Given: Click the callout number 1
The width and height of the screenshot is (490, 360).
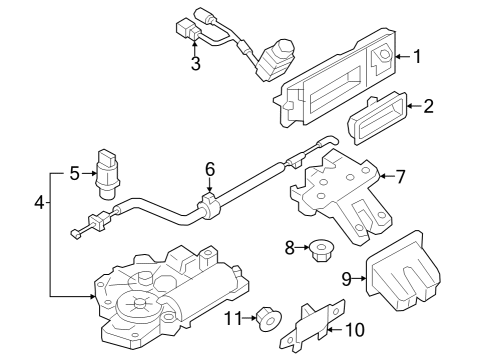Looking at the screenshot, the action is tap(417, 56).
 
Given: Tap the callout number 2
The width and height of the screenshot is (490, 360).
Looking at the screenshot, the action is tap(429, 106).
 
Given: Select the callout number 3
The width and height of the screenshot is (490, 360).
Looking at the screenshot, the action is tap(196, 63).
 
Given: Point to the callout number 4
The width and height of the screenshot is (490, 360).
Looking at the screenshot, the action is tap(39, 202).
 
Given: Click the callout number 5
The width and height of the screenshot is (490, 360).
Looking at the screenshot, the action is tap(75, 173).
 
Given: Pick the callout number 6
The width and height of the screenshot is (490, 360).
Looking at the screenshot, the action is tap(210, 169).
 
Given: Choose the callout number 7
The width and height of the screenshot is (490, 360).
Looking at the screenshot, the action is tap(400, 176).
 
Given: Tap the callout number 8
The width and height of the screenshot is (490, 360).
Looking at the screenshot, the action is tap(290, 248).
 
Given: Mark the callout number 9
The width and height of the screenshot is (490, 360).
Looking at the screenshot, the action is tap(347, 279).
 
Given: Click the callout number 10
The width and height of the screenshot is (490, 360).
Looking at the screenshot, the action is tap(355, 330).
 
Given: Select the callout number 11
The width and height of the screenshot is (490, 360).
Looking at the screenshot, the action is tap(233, 318).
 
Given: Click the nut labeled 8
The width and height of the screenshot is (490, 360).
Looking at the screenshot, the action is tap(321, 250).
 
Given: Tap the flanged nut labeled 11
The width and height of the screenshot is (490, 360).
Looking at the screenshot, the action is tap(268, 319).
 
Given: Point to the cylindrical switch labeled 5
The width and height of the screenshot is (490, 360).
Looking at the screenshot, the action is tap(107, 174).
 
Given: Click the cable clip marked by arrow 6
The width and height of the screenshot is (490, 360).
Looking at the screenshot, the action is tap(210, 207).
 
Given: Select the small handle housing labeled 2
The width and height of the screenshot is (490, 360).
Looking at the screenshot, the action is tap(377, 118).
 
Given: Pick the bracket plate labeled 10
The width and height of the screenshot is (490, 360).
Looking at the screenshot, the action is tap(313, 326).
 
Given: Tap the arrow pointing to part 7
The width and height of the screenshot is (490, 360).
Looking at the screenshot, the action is tap(387, 176).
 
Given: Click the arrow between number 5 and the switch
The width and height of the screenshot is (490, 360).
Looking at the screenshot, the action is tap(89, 173).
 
